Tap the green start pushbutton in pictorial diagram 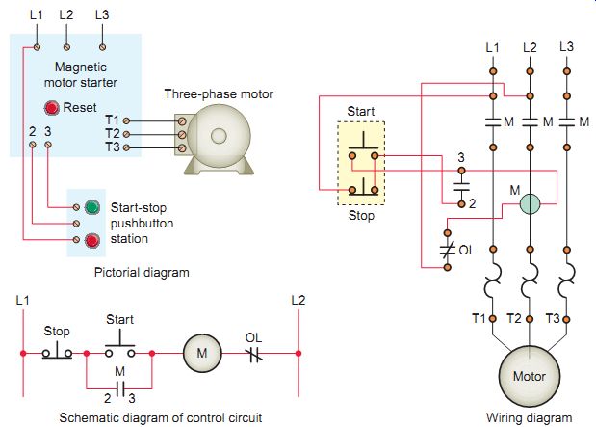click(91, 206)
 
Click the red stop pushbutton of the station click(91, 239)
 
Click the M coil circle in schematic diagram click(202, 354)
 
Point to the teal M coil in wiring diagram click(528, 203)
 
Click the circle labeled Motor click(529, 375)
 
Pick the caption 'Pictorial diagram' click(142, 273)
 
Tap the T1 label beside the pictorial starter click(113, 120)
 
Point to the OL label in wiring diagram click(467, 249)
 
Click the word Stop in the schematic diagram click(57, 331)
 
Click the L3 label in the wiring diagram click(566, 46)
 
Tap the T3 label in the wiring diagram click(553, 318)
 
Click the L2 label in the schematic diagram click(298, 300)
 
